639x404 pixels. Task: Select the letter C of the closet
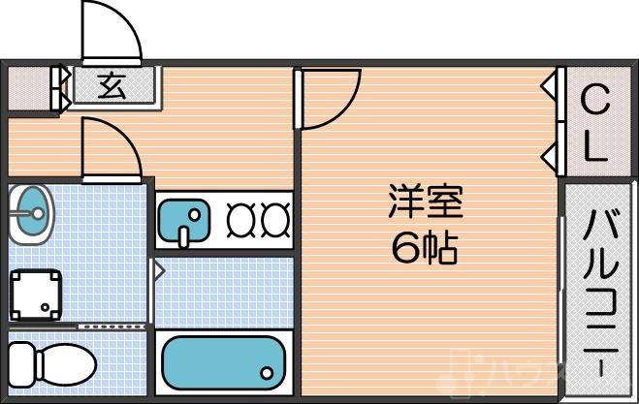(x=595, y=101)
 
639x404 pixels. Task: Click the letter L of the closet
(x=595, y=147)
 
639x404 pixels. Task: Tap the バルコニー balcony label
(x=597, y=291)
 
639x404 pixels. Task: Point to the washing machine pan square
(x=36, y=292)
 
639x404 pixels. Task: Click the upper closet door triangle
(x=550, y=87)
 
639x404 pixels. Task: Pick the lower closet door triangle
(x=550, y=153)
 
